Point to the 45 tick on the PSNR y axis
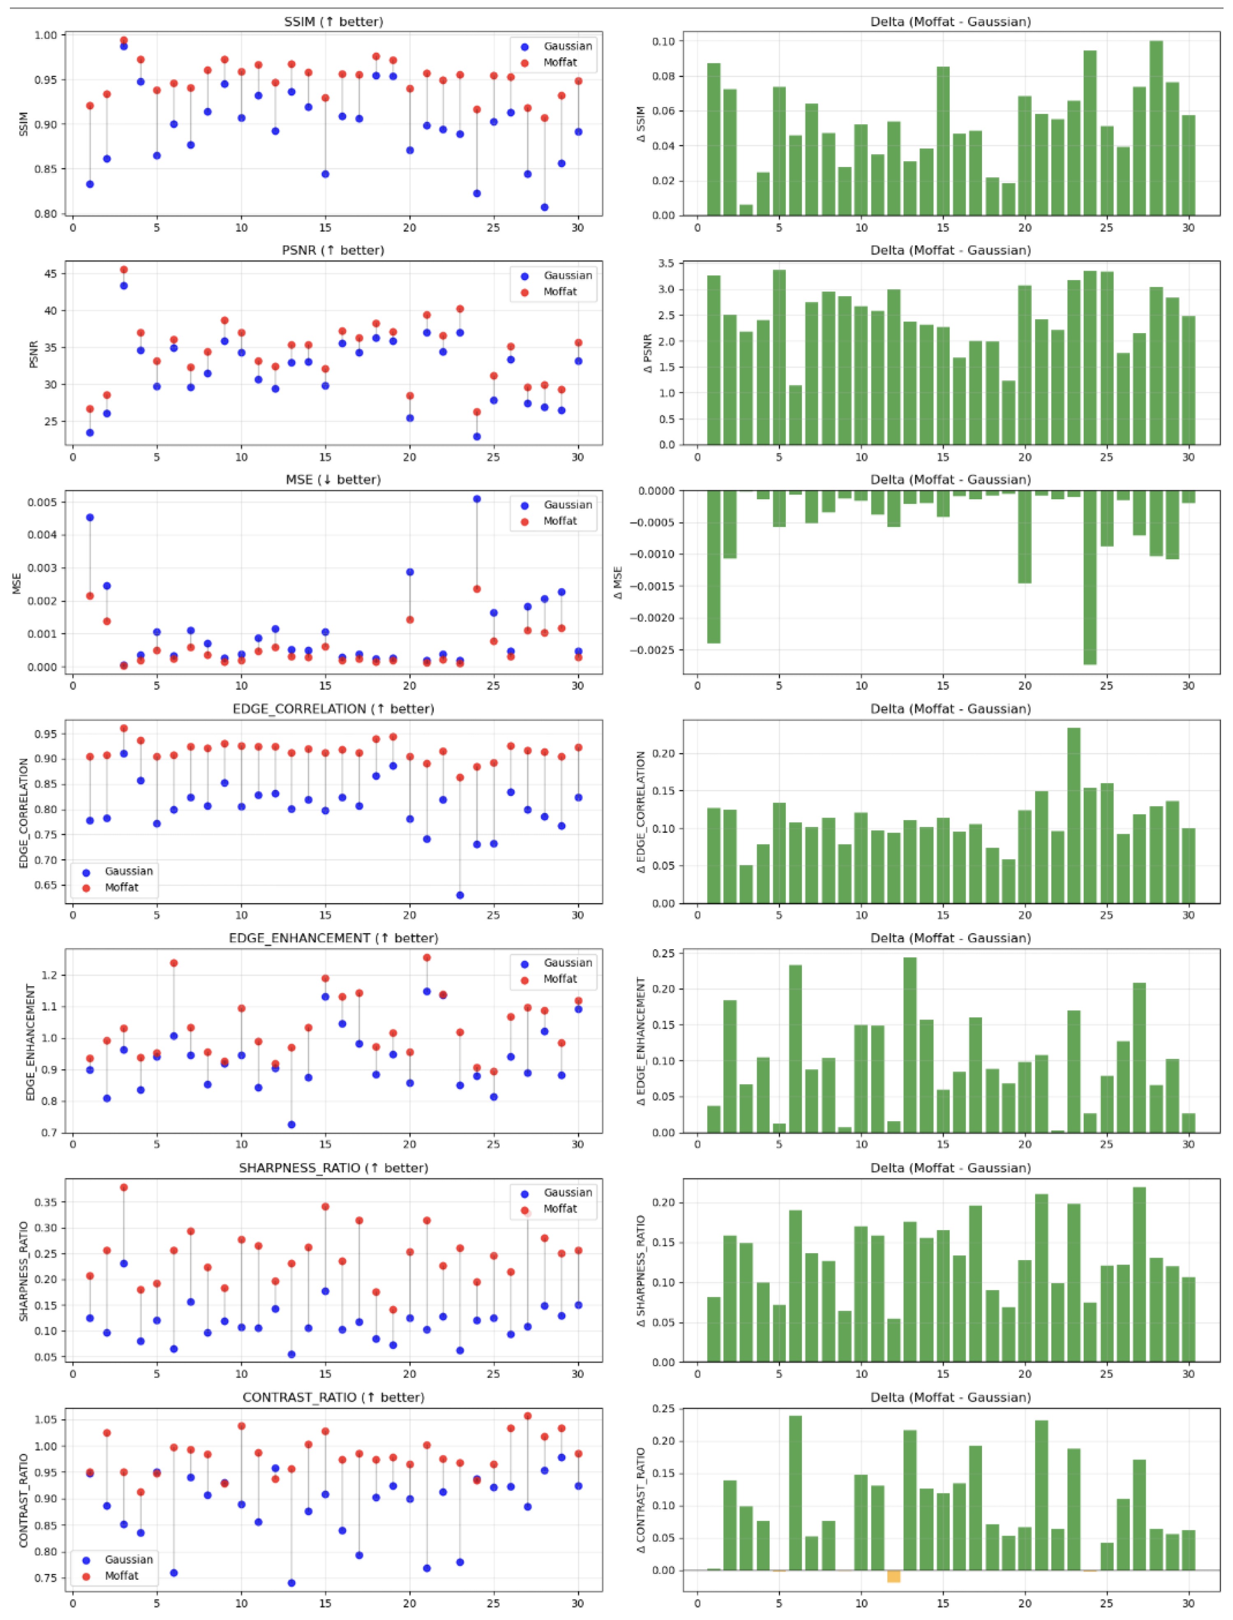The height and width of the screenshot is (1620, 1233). click(50, 273)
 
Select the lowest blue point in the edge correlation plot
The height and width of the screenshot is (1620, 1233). click(460, 895)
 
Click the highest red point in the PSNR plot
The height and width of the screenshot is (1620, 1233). click(123, 269)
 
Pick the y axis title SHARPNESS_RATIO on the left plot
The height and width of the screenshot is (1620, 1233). click(23, 1271)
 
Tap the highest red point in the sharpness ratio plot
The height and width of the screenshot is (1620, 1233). click(123, 1187)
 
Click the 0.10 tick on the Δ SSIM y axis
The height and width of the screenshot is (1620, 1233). click(664, 41)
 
